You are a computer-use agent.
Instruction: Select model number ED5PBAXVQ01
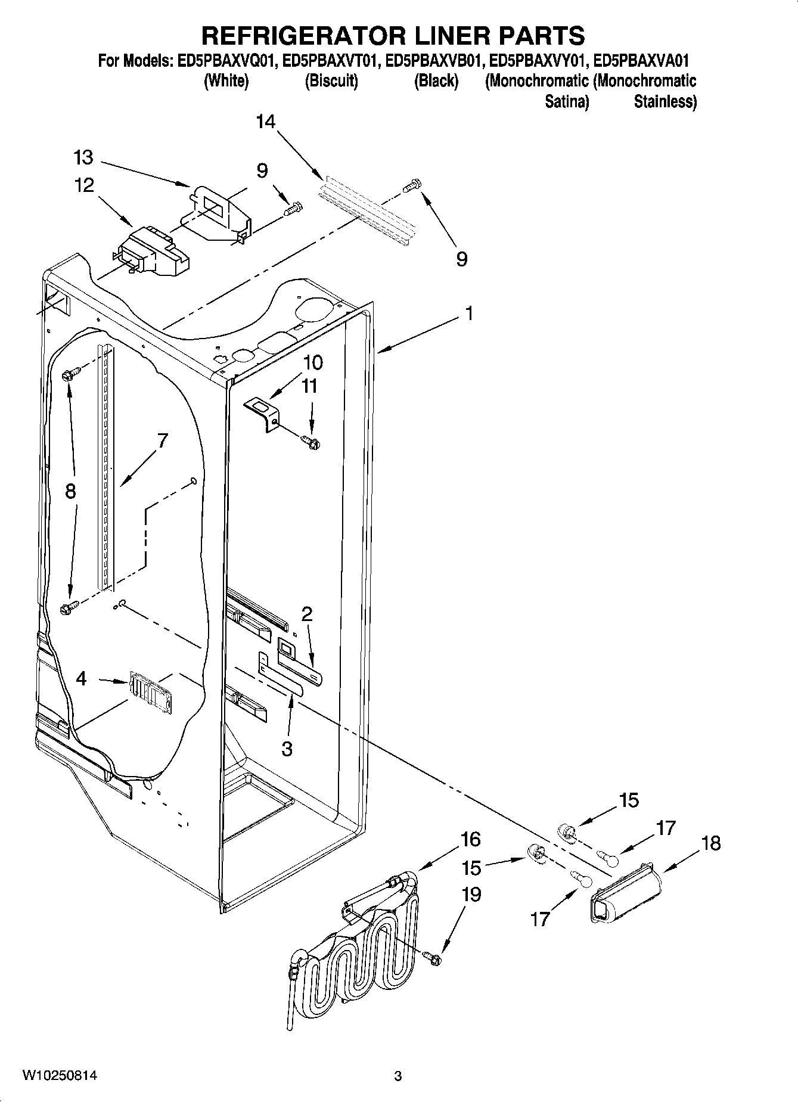point(226,61)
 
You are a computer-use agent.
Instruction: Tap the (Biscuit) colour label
point(331,81)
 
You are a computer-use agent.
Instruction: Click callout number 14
point(266,122)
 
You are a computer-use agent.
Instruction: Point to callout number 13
point(83,158)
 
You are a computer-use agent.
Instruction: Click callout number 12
point(83,185)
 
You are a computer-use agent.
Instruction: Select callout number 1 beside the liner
point(469,313)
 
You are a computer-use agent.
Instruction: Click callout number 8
point(70,491)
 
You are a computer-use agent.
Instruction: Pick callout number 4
point(81,678)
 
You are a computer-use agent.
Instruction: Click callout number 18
point(711,843)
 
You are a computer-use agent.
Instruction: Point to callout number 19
point(471,895)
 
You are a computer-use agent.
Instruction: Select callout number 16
point(470,839)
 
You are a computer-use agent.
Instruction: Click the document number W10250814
point(59,1076)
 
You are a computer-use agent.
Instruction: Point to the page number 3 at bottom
point(398,1076)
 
